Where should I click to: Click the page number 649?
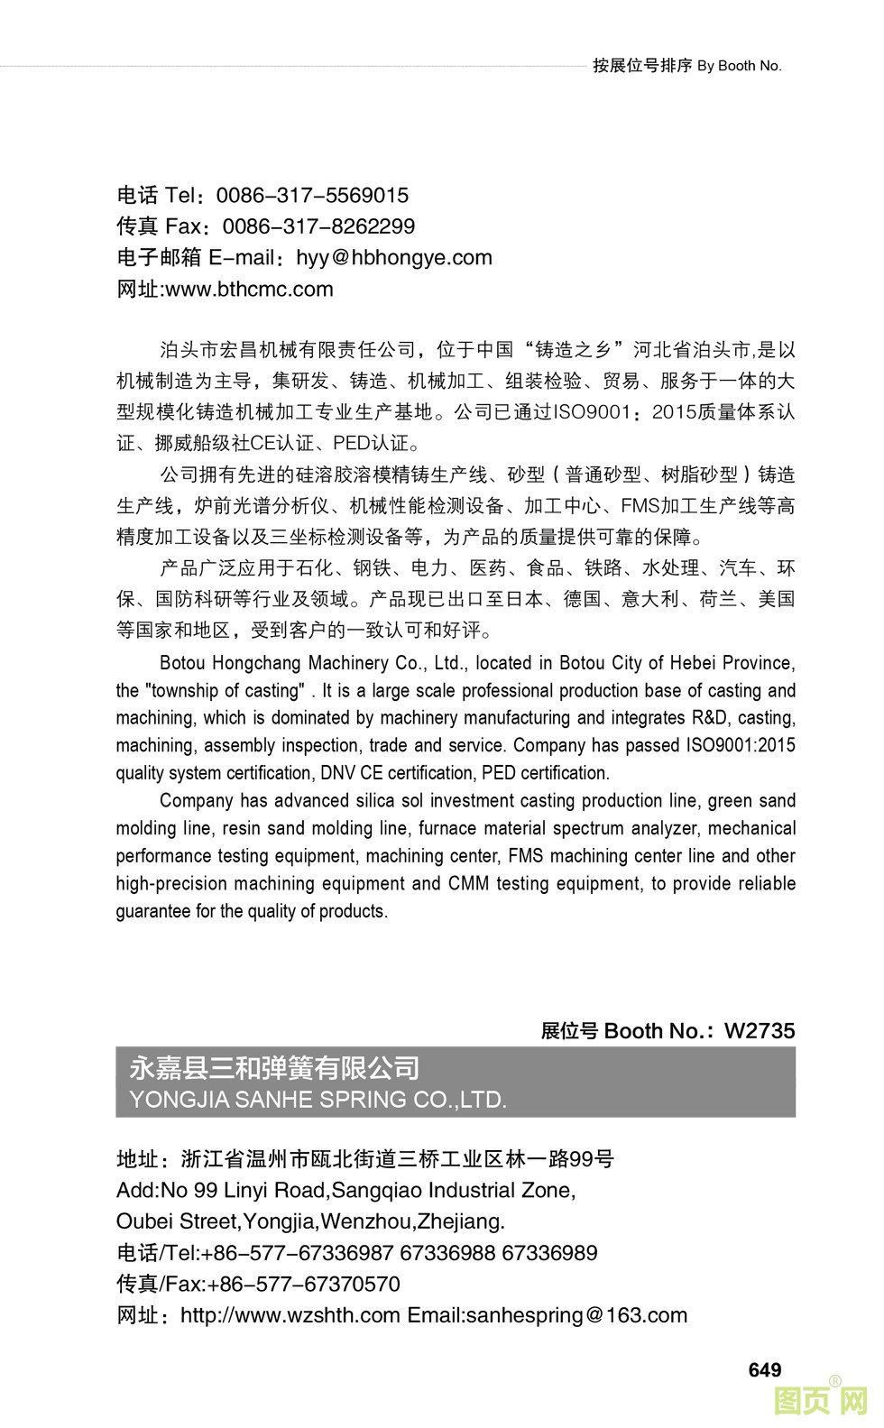pos(764,1369)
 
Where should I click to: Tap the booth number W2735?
pos(760,1030)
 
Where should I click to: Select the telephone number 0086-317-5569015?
pos(312,195)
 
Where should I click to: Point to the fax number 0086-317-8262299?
pos(318,226)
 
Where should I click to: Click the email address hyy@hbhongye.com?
pos(394,257)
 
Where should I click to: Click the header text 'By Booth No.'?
pos(739,65)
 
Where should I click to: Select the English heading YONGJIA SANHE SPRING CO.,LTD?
pos(318,1099)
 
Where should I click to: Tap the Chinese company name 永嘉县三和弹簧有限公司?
pos(275,1068)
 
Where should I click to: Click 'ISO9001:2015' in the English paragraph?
pos(741,745)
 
